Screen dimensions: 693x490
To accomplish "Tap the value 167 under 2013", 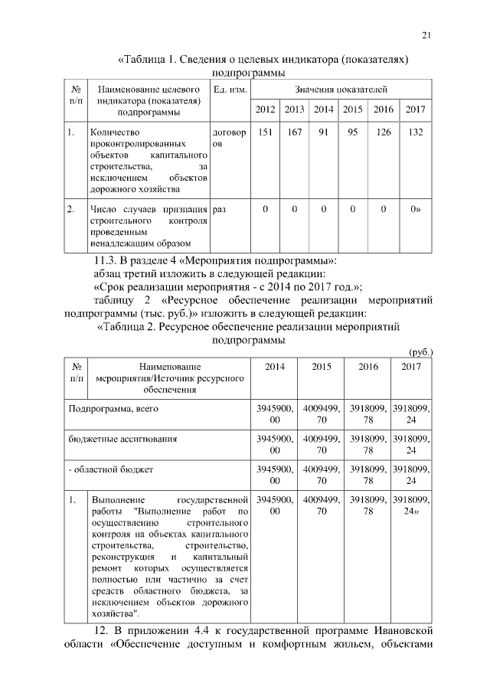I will point(295,132).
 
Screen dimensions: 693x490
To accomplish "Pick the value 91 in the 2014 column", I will point(323,132).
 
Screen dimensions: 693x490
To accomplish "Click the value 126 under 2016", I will point(383,132).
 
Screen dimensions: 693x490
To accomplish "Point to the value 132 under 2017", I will point(416,132).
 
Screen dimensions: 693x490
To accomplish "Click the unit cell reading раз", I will point(220,208).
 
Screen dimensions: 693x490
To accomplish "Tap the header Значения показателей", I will point(342,90).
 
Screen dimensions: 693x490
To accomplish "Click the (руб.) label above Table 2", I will point(422,352).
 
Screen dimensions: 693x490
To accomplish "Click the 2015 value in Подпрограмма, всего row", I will point(322,414).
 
